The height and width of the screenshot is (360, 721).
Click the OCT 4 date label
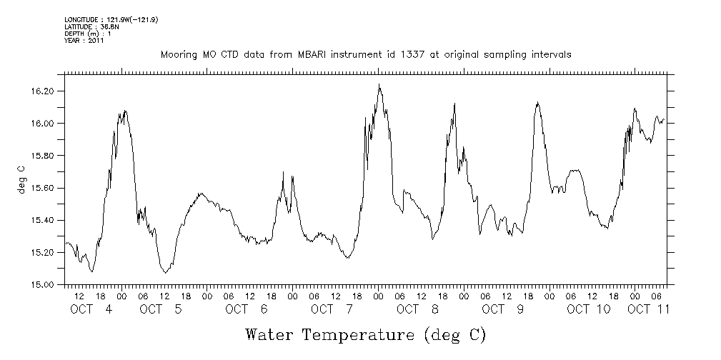point(91,309)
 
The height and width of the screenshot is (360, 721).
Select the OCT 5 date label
point(161,309)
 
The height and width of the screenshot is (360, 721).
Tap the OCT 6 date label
point(246,309)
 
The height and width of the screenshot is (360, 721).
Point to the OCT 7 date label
point(332,309)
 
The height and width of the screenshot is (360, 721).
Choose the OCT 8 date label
point(417,309)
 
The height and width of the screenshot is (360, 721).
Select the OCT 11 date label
point(649,309)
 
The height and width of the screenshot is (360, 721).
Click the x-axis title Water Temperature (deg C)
point(366,334)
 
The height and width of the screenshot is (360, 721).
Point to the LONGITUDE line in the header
point(111,20)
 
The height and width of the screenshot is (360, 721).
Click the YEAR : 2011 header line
point(84,41)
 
